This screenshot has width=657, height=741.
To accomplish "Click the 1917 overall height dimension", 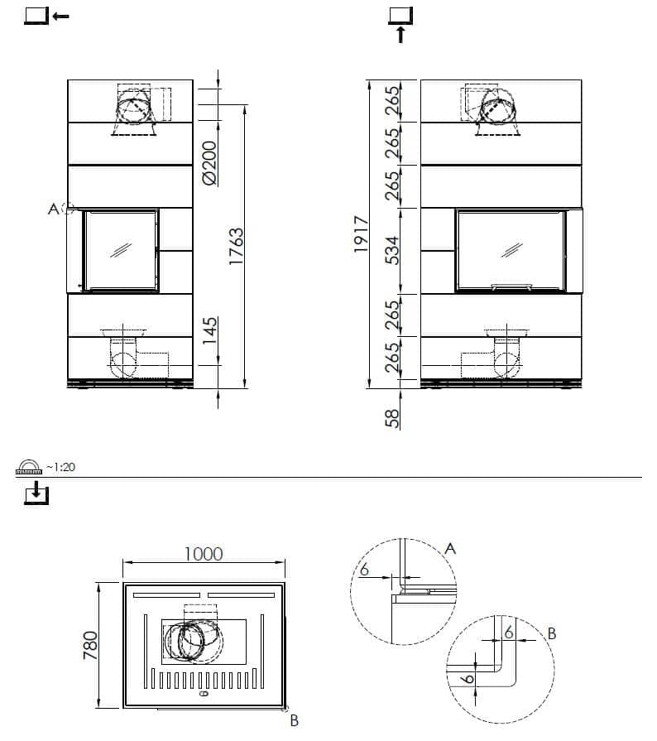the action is pyautogui.click(x=361, y=234).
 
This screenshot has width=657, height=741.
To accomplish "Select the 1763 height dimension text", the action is pyautogui.click(x=236, y=246).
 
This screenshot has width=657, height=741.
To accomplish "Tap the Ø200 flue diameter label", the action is pyautogui.click(x=209, y=162).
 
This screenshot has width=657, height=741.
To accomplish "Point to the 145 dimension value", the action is pyautogui.click(x=209, y=330).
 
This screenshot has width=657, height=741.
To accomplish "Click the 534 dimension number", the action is pyautogui.click(x=392, y=251).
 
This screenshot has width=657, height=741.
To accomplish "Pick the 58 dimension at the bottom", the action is pyautogui.click(x=392, y=418).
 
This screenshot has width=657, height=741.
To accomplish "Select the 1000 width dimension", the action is pyautogui.click(x=204, y=554).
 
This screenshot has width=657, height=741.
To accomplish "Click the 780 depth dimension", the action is pyautogui.click(x=90, y=645).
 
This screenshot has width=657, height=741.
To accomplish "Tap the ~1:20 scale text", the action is pyautogui.click(x=60, y=467).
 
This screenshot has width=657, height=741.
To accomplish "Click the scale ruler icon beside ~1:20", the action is pyautogui.click(x=29, y=467).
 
